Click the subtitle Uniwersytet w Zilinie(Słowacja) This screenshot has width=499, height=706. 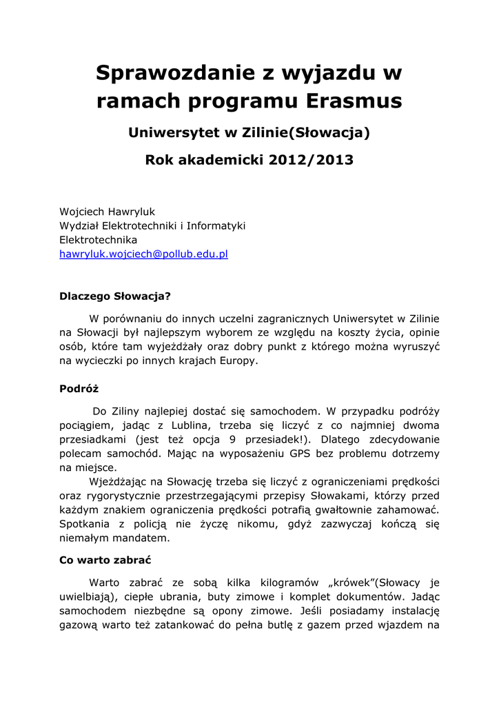[250, 132]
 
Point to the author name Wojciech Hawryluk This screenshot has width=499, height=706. [107, 212]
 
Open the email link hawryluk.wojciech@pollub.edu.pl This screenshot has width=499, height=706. [143, 254]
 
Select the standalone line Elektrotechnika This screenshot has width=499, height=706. [99, 240]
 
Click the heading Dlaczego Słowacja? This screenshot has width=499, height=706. [115, 297]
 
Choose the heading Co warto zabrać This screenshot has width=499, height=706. [105, 560]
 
